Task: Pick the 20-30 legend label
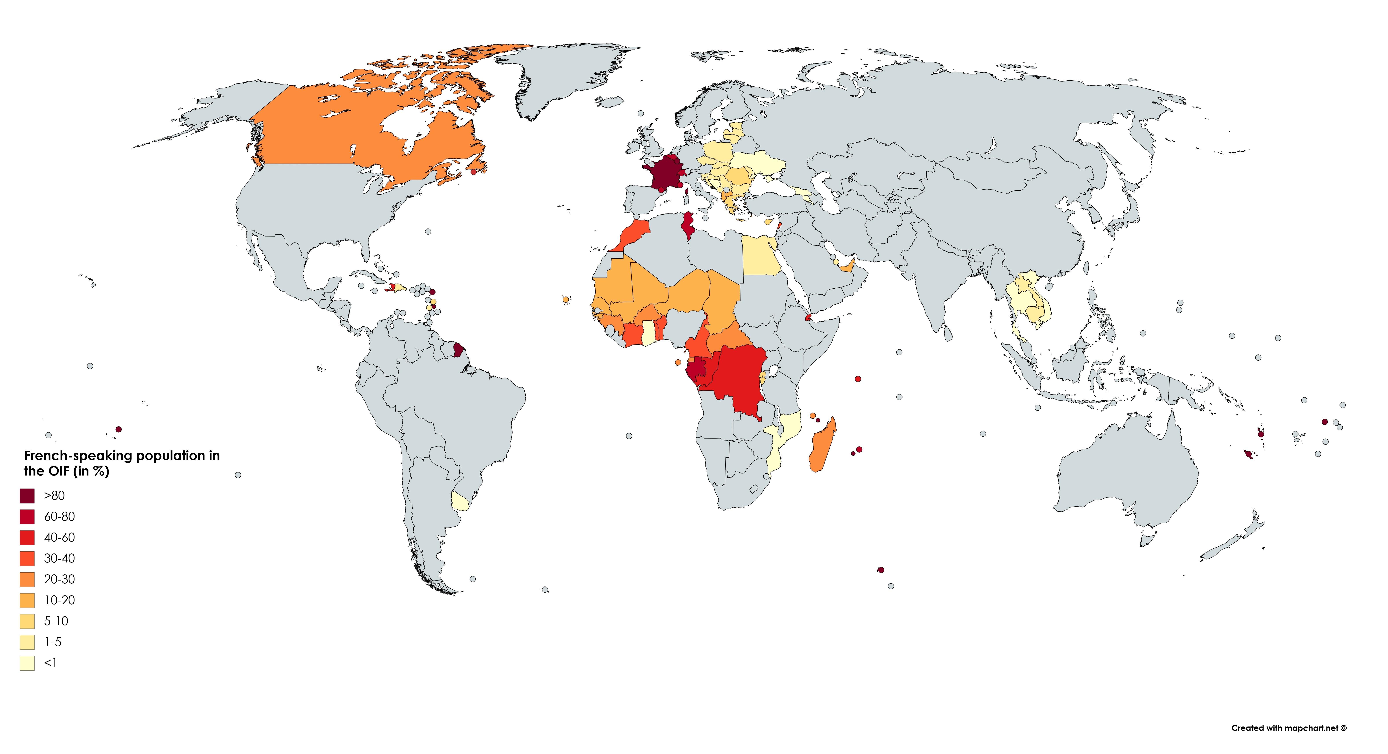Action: [x=59, y=579]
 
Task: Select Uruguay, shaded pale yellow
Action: [x=460, y=502]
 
